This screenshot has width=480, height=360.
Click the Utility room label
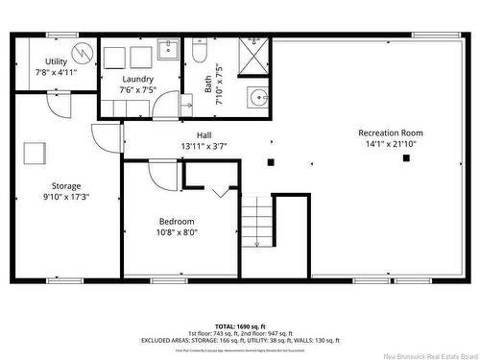click(30, 60)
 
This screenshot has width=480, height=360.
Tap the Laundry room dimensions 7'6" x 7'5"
click(139, 90)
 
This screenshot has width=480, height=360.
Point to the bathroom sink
click(257, 97)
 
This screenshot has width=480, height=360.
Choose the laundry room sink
click(166, 49)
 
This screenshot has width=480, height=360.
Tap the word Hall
click(204, 134)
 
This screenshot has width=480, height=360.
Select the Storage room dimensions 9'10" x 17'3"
click(66, 197)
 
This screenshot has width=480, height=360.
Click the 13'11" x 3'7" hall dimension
click(204, 146)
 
